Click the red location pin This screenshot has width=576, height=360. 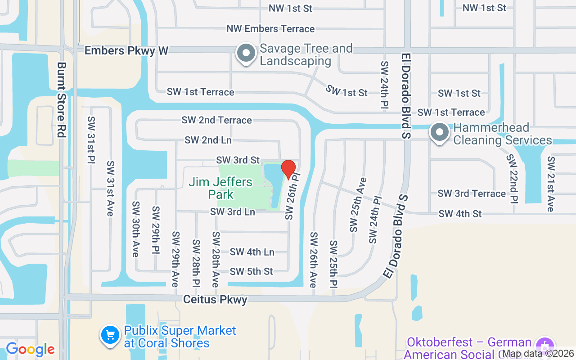point(288,169)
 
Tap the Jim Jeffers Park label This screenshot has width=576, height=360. point(220,188)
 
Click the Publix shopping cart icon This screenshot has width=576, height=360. point(110,335)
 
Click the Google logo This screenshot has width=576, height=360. point(30,349)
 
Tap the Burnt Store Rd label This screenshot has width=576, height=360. point(62,99)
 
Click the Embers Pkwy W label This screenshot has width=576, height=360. point(126,50)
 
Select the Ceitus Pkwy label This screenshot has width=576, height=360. point(215,299)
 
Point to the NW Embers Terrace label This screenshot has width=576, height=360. point(270,29)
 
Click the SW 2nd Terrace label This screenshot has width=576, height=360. point(216,120)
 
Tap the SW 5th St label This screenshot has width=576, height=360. point(251,271)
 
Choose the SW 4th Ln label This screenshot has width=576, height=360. point(252,252)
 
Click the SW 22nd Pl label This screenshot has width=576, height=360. point(512,179)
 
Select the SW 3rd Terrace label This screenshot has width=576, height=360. point(472,193)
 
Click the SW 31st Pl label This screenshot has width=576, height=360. point(91,140)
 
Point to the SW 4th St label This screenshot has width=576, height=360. point(460,213)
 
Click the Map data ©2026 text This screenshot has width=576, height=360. point(538,354)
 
